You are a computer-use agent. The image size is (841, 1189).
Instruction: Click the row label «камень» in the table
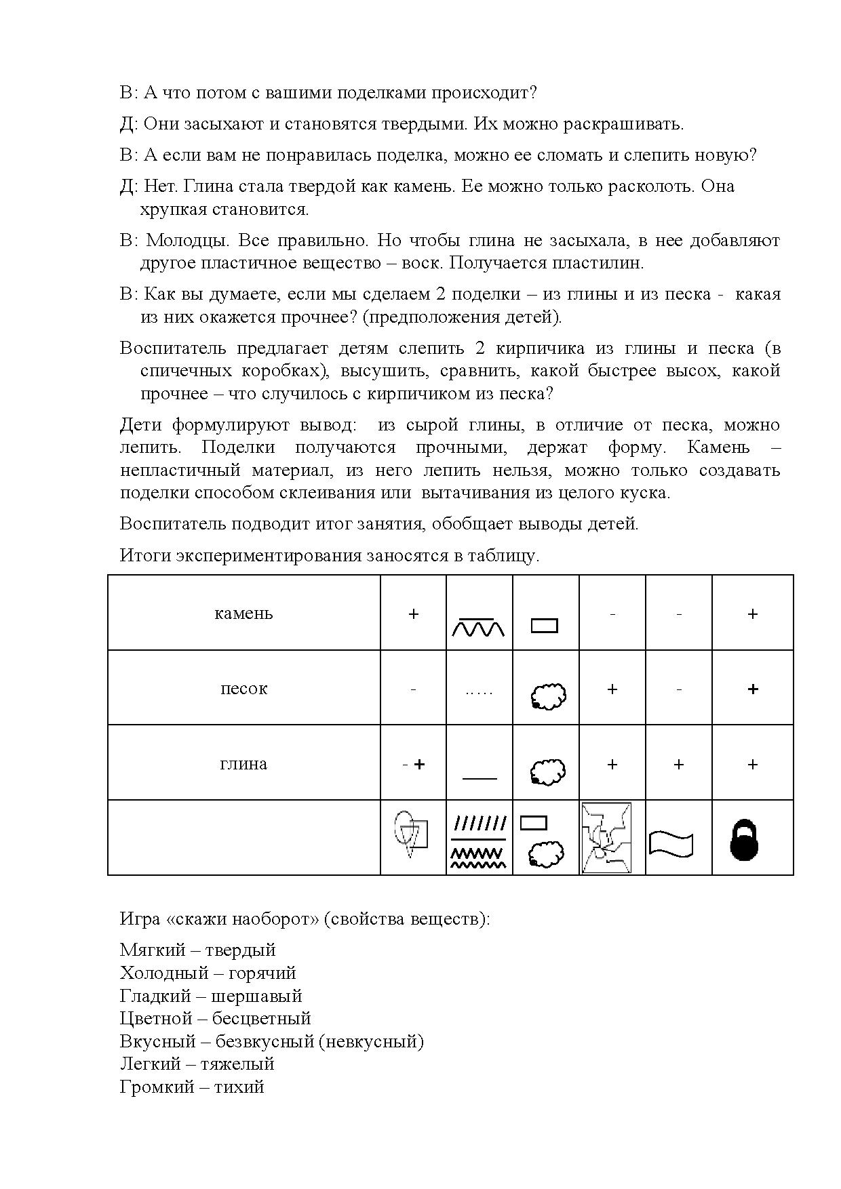[243, 613]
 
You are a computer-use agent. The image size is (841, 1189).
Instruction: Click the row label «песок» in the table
[243, 689]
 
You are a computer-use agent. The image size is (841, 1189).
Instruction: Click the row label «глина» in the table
[243, 764]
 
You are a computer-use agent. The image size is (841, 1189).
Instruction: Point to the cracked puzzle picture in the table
[607, 839]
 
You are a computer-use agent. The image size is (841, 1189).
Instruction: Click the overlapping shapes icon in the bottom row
[412, 833]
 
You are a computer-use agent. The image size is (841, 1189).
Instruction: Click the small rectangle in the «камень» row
[544, 625]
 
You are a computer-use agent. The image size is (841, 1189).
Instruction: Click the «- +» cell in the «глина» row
[413, 765]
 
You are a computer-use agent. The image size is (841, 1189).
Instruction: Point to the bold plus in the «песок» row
[752, 689]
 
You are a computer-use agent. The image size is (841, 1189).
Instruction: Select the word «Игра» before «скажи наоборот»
[140, 920]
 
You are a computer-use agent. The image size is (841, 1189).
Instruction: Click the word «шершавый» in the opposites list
[256, 996]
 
